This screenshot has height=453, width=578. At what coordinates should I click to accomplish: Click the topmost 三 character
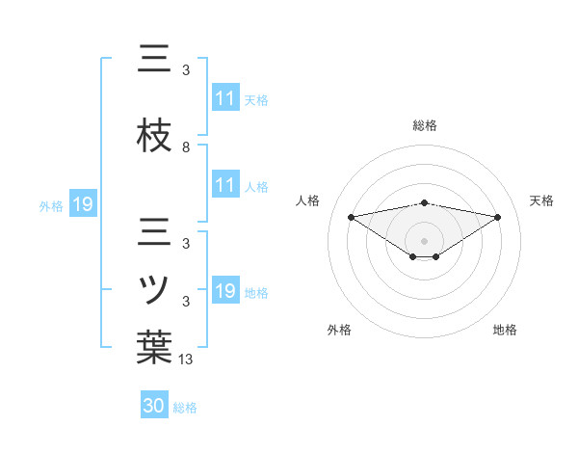coord(154,59)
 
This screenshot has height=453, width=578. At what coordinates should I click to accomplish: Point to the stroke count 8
coord(186,147)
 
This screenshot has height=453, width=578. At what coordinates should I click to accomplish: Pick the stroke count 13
coord(186,360)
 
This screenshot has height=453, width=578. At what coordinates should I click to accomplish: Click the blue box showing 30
coord(154,406)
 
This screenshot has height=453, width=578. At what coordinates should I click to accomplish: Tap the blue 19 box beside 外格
coord(82,204)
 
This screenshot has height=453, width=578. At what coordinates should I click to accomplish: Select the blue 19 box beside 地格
coord(225,291)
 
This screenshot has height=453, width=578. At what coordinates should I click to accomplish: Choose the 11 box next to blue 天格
coord(225,98)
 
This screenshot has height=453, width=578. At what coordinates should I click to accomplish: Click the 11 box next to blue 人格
coord(225,185)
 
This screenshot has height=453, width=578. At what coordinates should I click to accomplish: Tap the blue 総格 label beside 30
coord(185,408)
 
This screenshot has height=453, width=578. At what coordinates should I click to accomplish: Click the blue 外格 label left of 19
coord(51,205)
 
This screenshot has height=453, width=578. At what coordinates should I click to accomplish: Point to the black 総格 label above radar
coord(424,125)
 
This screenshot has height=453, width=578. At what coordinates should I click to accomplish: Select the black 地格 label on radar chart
coord(505,330)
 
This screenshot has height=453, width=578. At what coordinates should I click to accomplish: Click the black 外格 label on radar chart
coord(339,330)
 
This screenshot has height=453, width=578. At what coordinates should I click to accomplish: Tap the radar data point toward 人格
coord(351,216)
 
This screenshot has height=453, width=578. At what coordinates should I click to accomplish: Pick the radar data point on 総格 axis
coord(424,202)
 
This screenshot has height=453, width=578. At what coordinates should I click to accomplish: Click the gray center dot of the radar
coord(424,239)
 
